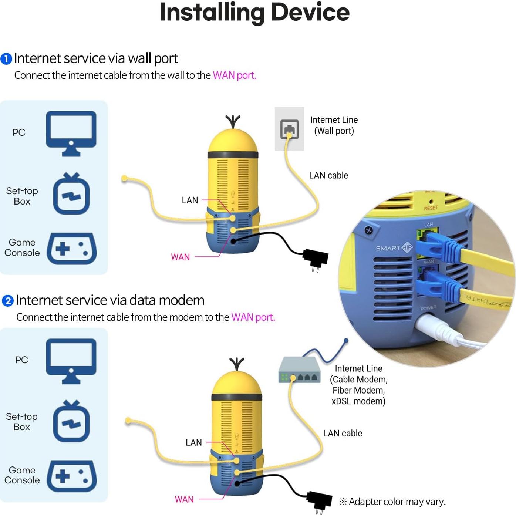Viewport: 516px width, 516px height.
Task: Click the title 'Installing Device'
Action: [x=254, y=12]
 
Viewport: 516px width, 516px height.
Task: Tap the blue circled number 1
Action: [x=6, y=59]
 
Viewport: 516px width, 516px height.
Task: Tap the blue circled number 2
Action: [x=8, y=301]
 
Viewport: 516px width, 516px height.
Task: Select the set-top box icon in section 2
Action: [x=71, y=422]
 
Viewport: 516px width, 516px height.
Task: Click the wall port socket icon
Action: [x=289, y=129]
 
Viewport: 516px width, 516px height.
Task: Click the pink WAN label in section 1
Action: [x=180, y=257]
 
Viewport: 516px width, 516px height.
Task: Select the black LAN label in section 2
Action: [x=193, y=442]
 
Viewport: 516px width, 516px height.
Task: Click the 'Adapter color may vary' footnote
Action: [x=392, y=502]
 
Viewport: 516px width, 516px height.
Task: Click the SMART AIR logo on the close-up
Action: [x=394, y=248]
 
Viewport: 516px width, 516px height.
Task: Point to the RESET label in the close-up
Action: [x=431, y=208]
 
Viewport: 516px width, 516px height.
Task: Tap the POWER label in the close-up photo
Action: [x=428, y=308]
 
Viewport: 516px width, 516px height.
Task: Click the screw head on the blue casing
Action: [x=368, y=230]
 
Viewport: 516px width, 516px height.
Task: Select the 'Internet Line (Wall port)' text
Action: [x=334, y=125]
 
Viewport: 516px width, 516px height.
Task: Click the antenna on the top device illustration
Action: [x=233, y=122]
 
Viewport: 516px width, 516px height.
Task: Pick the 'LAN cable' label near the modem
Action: [x=343, y=433]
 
